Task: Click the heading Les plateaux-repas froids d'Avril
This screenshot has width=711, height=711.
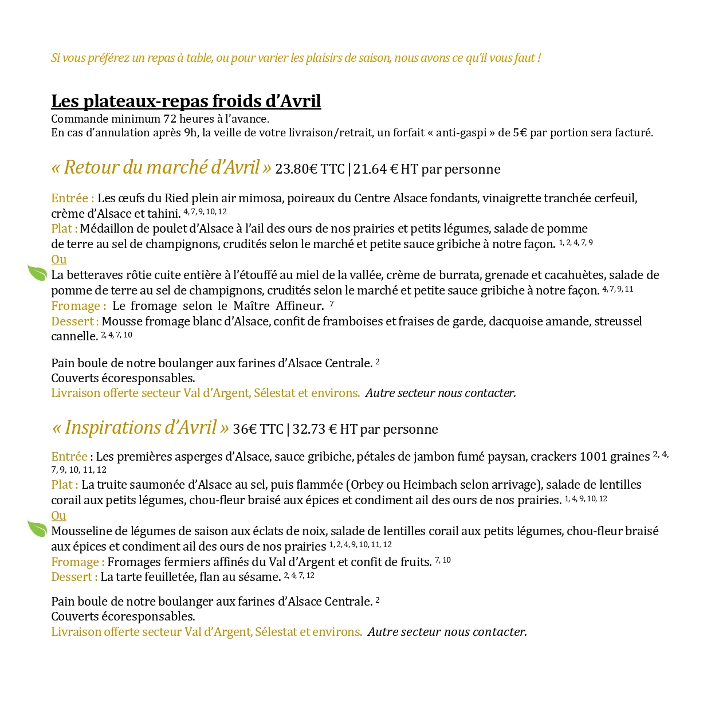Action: point(186,101)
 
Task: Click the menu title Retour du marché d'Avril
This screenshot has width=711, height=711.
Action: point(161,168)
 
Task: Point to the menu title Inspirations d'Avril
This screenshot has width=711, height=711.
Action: point(140,428)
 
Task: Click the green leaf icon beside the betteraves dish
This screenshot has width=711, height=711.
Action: point(38,273)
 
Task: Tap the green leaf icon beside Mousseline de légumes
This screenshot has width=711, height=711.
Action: point(38,529)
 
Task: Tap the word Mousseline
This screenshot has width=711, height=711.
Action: point(81,531)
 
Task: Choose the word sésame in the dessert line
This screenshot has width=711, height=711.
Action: point(261,577)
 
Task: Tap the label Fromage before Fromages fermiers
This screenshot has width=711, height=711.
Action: point(77,562)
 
